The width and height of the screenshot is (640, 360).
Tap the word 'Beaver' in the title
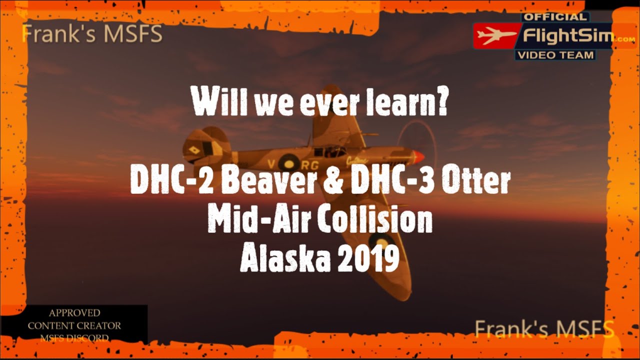pos(267,181)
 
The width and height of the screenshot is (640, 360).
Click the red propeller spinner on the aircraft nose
pos(417,156)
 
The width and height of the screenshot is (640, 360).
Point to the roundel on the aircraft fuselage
pos(288,162)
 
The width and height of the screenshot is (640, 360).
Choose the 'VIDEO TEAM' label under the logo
pos(555,55)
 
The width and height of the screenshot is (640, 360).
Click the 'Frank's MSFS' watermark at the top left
pos(92,34)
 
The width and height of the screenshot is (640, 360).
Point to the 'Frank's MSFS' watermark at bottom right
pos(544,329)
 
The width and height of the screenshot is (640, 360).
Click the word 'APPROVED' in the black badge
pos(74,313)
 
